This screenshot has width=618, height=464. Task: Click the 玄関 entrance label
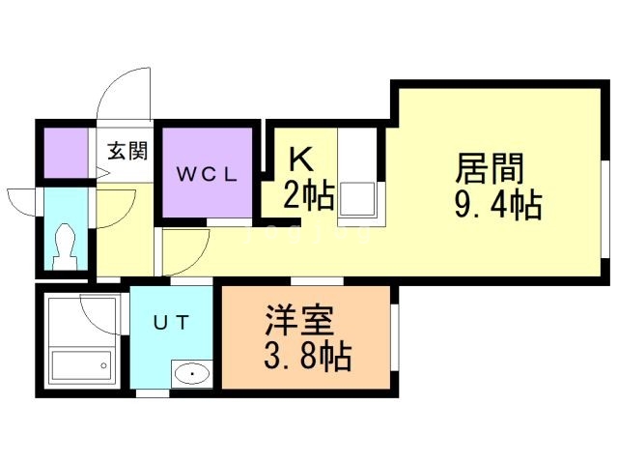[128, 151]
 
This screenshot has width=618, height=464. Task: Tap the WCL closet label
[207, 174]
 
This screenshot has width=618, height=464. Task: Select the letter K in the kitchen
[302, 159]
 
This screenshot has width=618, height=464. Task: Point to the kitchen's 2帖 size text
[309, 195]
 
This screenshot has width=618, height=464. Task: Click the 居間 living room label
[490, 168]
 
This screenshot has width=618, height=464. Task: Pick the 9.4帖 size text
[498, 205]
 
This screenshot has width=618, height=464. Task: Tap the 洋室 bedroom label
[299, 321]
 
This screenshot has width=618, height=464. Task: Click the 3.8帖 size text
[307, 356]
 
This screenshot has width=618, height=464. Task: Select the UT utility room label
[172, 324]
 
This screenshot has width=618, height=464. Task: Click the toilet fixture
[65, 246]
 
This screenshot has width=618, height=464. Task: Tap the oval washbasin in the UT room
[192, 374]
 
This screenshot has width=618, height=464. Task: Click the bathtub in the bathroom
[82, 365]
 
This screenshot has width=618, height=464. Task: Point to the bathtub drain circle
[103, 365]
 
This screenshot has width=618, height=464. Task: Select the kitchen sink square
[357, 200]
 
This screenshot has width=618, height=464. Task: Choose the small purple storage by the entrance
[66, 153]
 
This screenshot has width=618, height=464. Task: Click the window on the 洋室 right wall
[395, 337]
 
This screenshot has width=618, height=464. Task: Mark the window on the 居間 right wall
[605, 209]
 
